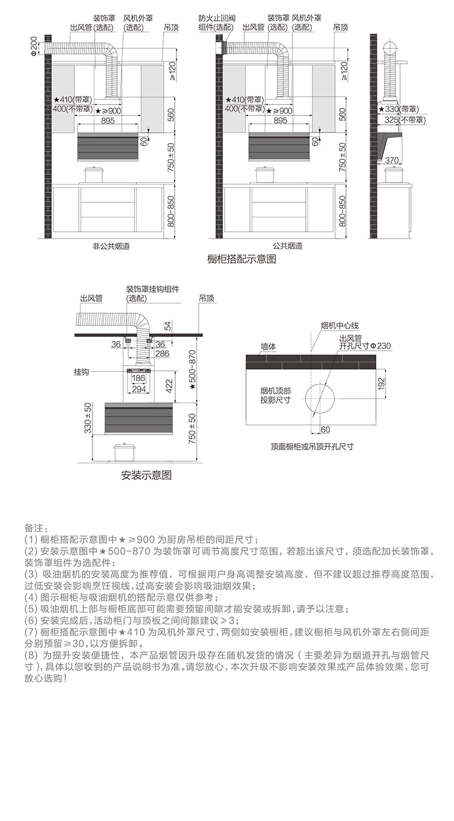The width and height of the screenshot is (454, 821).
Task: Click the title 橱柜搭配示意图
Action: (x=241, y=259)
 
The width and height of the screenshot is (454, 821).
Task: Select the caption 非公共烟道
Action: (x=111, y=245)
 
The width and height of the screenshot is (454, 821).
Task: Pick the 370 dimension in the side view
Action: (x=391, y=160)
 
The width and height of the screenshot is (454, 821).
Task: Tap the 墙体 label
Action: (x=268, y=347)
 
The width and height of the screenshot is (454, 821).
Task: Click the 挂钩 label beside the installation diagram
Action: (x=82, y=372)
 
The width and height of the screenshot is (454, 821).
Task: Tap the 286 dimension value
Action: (x=162, y=354)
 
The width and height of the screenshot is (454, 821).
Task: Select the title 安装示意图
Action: (x=146, y=475)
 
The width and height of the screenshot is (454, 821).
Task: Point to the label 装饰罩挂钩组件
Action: (x=152, y=289)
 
